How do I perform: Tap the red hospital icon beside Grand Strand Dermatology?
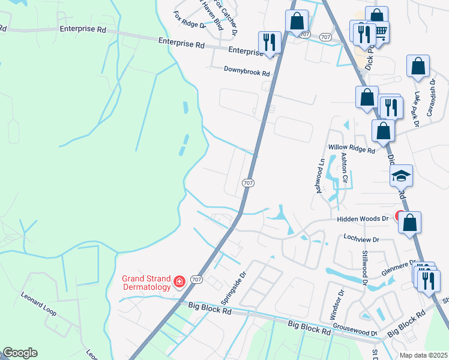pos(179,281)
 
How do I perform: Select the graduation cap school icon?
pos(401,175)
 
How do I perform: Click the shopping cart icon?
pos(379,31)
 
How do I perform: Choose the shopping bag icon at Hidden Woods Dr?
pos(410,222)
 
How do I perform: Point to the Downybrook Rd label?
pos(247,70)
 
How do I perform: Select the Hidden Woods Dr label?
pos(363,219)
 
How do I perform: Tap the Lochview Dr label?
pos(361,239)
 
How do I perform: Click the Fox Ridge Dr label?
pos(189,20)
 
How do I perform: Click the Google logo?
pos(19,353)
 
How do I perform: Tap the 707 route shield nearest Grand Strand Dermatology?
pos(196,280)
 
